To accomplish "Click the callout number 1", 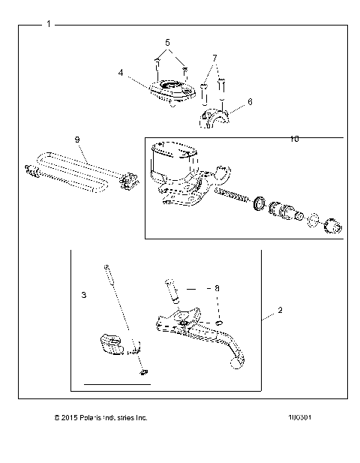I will [x=49, y=24].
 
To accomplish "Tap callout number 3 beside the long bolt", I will [x=84, y=295].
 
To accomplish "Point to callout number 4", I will [x=121, y=73].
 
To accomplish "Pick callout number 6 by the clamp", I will [x=250, y=101].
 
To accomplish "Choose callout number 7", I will [x=214, y=58].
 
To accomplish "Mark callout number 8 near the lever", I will [x=217, y=287].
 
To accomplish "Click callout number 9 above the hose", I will [x=76, y=140].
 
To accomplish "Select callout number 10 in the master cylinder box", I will [x=295, y=140].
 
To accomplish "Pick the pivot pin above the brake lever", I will [x=170, y=290].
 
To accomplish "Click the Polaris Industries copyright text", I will [x=101, y=417].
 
